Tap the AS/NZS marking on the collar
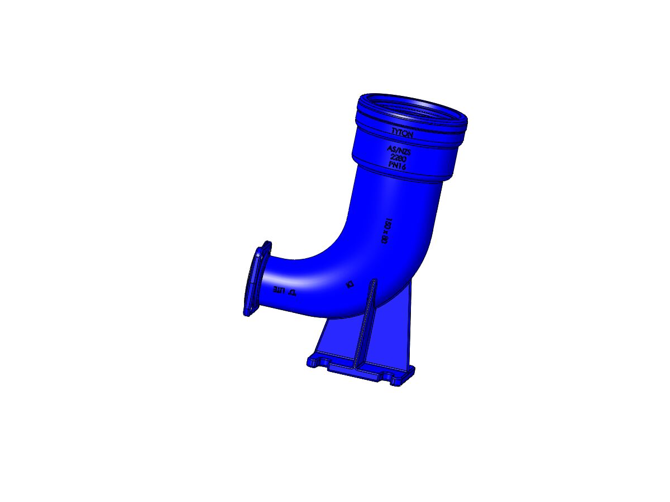[x=399, y=149]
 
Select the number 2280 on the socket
[x=398, y=158]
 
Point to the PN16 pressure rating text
[x=396, y=166]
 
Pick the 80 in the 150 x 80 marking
[x=385, y=239]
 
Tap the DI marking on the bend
[x=350, y=284]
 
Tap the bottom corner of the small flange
[x=246, y=312]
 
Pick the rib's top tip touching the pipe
[x=372, y=281]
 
